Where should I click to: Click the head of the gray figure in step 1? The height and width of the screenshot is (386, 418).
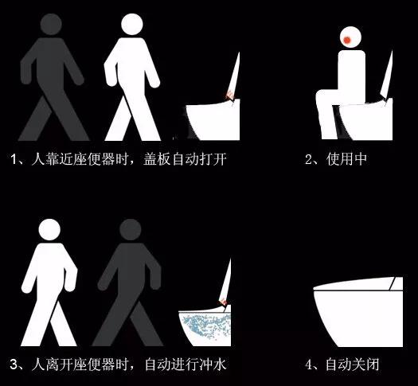(51, 24)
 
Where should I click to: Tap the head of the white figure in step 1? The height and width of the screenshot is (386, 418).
(132, 24)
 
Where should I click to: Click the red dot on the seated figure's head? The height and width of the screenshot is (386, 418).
(347, 40)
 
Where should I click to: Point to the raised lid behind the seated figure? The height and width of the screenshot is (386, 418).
(387, 75)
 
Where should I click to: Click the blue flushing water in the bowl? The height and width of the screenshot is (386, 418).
(206, 326)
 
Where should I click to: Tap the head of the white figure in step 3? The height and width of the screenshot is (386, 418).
(49, 230)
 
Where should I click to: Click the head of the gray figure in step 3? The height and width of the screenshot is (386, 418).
(130, 230)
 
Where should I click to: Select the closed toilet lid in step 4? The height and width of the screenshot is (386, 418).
(358, 284)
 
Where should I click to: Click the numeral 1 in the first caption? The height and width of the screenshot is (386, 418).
(14, 159)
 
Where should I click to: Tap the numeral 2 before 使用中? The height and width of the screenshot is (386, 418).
(308, 159)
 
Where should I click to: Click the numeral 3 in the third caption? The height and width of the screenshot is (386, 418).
(14, 365)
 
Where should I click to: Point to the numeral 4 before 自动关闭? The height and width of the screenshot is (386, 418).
(309, 365)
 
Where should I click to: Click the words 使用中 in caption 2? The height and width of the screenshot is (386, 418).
(346, 159)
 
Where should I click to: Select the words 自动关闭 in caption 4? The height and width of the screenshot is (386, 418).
(353, 365)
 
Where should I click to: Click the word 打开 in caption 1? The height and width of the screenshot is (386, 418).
(213, 159)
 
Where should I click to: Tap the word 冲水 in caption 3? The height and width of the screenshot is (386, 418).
(213, 365)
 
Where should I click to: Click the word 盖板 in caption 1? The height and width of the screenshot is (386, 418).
(157, 159)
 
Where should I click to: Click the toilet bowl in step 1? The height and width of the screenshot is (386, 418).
(213, 120)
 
